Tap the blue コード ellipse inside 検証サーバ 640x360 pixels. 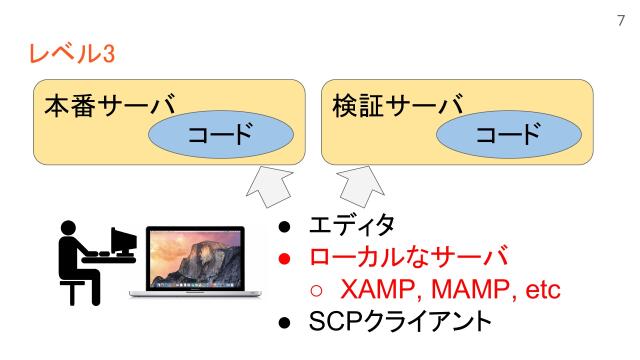(500, 133)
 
